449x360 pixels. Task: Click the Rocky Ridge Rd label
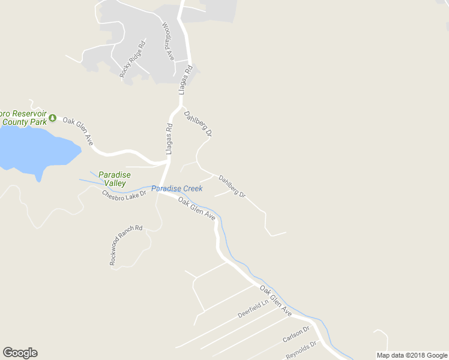click(133, 59)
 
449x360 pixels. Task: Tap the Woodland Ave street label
click(168, 41)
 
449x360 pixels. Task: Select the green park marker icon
click(53, 117)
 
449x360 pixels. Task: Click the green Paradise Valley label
click(114, 179)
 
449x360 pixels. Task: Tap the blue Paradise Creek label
click(176, 188)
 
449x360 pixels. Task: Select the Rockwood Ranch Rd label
click(126, 245)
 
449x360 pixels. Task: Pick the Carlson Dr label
click(295, 335)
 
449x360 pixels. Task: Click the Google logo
click(20, 353)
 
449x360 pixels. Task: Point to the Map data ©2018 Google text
click(412, 355)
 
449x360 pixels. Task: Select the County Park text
click(24, 122)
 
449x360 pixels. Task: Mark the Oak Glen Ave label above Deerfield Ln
click(276, 301)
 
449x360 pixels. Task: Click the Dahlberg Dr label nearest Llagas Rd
click(198, 124)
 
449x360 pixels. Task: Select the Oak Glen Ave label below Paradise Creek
click(196, 210)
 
